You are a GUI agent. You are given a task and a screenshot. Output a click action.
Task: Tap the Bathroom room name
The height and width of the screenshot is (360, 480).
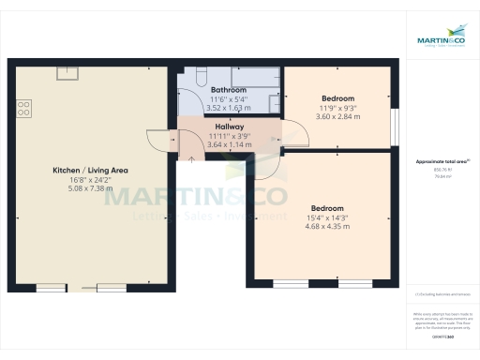(228, 90)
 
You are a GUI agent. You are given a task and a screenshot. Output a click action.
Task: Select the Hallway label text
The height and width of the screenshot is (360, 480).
(229, 126)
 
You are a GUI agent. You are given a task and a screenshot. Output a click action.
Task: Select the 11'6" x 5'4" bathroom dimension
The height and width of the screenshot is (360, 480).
(228, 99)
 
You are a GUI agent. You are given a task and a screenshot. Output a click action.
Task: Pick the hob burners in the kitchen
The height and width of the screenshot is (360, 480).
(22, 109)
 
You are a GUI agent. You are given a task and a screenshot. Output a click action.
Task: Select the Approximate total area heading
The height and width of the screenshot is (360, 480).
(435, 161)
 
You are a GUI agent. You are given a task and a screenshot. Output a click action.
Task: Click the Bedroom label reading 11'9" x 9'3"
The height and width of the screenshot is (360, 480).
(338, 98)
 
